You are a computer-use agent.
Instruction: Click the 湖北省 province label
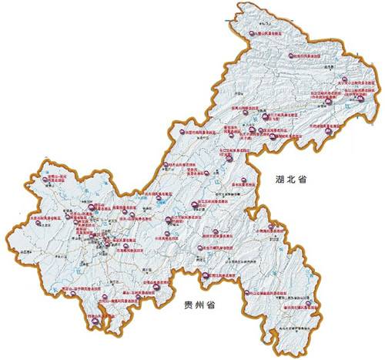pos(291,180)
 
